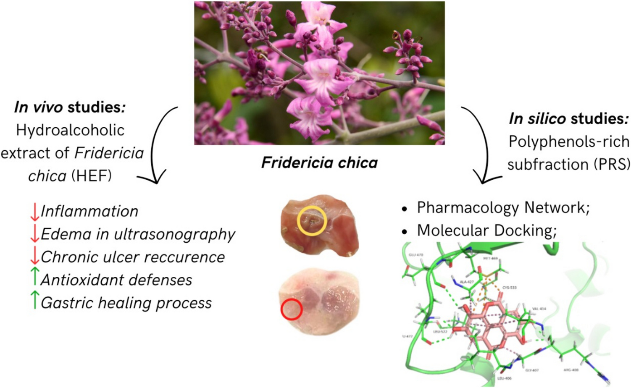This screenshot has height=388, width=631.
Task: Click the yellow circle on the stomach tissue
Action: tap(311, 220)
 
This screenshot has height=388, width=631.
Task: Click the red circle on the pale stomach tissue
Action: tap(292, 309)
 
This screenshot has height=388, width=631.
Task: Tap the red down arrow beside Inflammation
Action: tap(34, 212)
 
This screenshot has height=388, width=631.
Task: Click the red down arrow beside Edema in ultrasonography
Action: tap(34, 234)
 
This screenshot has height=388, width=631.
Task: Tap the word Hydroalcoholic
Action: tap(70, 130)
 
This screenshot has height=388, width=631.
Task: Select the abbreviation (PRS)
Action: tap(612, 164)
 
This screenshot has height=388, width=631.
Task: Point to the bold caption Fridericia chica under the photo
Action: tap(319, 163)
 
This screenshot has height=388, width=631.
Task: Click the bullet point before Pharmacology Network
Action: tap(405, 209)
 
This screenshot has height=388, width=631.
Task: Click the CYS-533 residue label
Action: tap(509, 288)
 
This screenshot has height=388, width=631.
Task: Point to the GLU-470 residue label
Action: tap(415, 255)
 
